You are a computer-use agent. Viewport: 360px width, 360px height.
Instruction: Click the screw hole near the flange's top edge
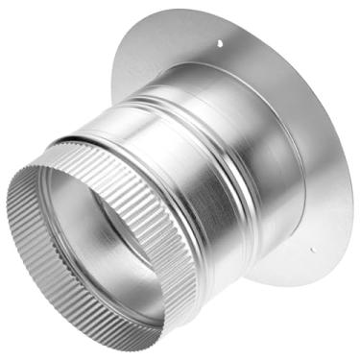point(220,43)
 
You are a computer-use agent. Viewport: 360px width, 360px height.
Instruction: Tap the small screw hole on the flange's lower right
point(313,251)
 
